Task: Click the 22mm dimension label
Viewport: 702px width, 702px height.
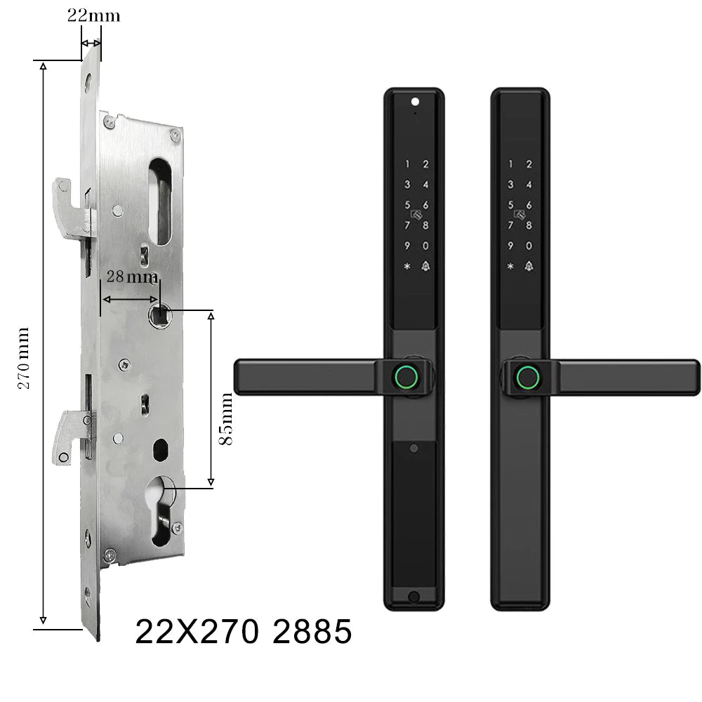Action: pos(93,15)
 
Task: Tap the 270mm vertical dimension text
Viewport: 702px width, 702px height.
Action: pos(23,358)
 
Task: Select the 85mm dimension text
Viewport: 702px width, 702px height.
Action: pos(226,418)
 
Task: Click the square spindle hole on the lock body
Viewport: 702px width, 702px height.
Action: pos(160,315)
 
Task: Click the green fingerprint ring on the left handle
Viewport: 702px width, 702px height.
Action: pos(406,376)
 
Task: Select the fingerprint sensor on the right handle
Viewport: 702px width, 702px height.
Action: pos(529,378)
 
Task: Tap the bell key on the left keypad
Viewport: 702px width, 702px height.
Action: pos(425,266)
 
